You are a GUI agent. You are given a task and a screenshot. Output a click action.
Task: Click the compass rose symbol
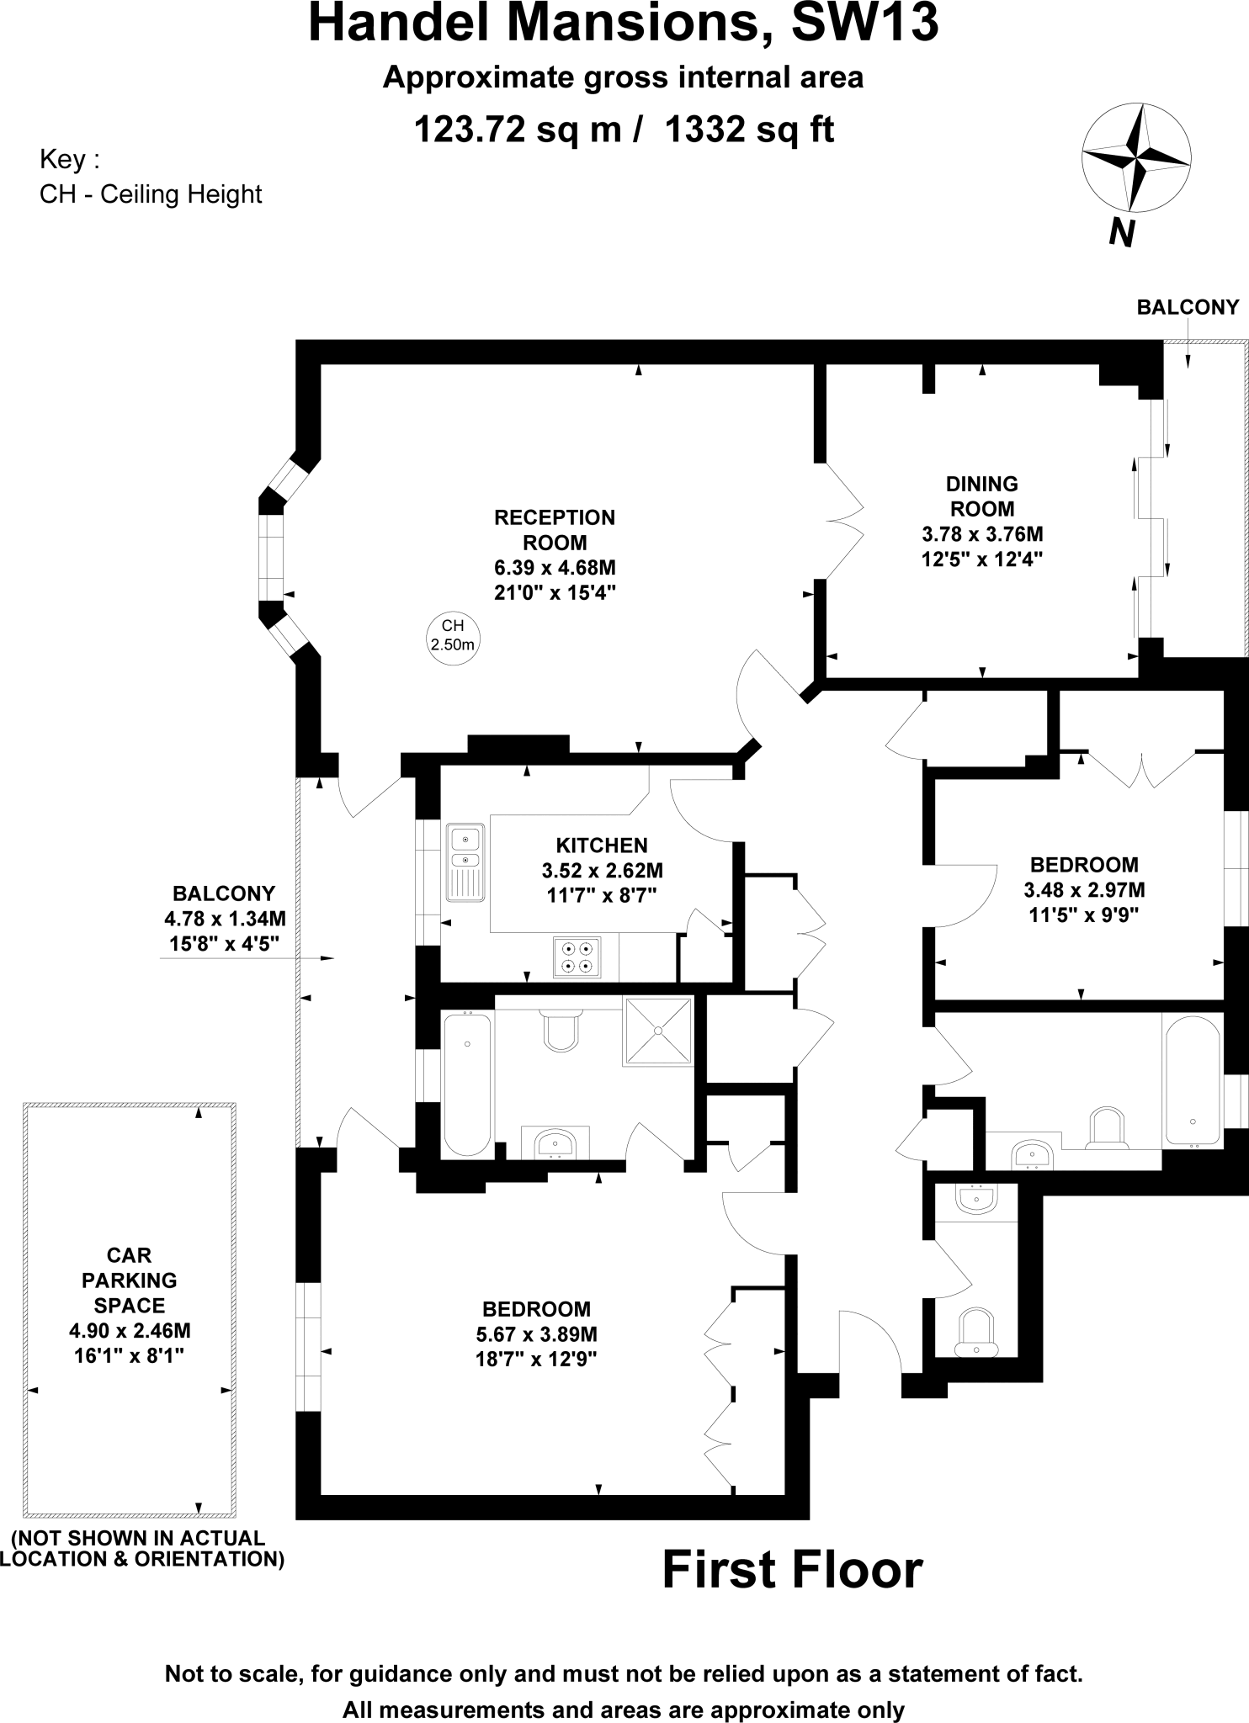[x=1135, y=157]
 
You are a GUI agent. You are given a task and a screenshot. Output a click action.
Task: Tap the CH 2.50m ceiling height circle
[x=453, y=636]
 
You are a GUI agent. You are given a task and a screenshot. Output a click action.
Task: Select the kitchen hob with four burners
[x=577, y=957]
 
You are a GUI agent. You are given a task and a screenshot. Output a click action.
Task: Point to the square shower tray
[x=658, y=1031]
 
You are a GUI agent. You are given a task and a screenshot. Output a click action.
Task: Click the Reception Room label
[x=555, y=529]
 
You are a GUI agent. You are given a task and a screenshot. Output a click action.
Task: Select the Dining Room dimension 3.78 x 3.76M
[x=982, y=533]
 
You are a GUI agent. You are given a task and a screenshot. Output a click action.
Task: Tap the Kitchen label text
[x=602, y=846]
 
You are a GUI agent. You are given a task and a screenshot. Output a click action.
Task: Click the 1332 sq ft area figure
[x=749, y=130]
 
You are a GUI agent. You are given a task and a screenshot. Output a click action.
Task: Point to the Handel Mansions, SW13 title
[x=624, y=24]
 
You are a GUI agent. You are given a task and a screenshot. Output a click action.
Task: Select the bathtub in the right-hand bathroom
[x=1193, y=1079]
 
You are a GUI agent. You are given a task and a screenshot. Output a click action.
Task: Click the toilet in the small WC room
[x=976, y=1332]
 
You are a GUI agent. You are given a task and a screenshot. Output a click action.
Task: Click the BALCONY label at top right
[x=1188, y=307]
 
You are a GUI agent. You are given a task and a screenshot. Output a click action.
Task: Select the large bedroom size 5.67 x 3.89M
[x=536, y=1333]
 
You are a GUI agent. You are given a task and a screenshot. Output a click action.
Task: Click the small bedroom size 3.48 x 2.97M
[x=1084, y=889]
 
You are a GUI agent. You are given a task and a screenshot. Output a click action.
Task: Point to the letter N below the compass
[x=1121, y=232]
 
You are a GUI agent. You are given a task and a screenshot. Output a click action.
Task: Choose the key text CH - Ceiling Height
[x=151, y=194]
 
